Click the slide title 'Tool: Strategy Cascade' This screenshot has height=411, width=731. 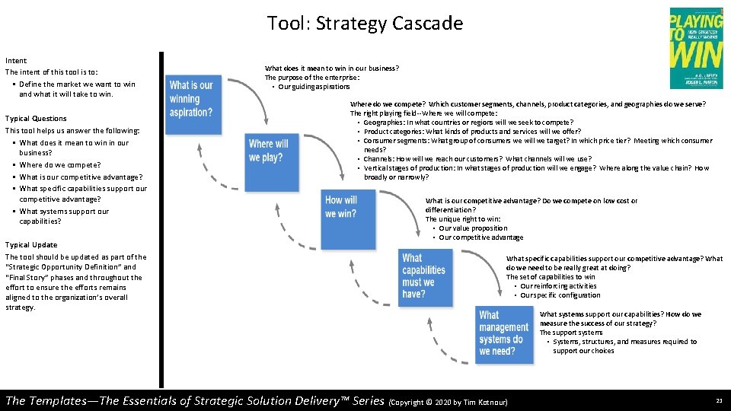click(365, 24)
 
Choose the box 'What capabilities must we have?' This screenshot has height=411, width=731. click(423, 276)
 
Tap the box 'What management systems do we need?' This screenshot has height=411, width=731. click(503, 333)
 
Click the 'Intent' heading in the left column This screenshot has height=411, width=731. click(16, 60)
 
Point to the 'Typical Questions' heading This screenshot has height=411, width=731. click(36, 119)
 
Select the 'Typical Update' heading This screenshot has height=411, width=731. click(31, 245)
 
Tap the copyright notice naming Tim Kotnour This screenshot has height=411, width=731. click(448, 402)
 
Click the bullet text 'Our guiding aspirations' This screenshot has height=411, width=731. click(314, 87)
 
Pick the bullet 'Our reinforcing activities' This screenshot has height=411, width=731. click(558, 286)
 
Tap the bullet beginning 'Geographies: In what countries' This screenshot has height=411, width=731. click(468, 123)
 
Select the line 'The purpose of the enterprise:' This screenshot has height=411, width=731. click(312, 78)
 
